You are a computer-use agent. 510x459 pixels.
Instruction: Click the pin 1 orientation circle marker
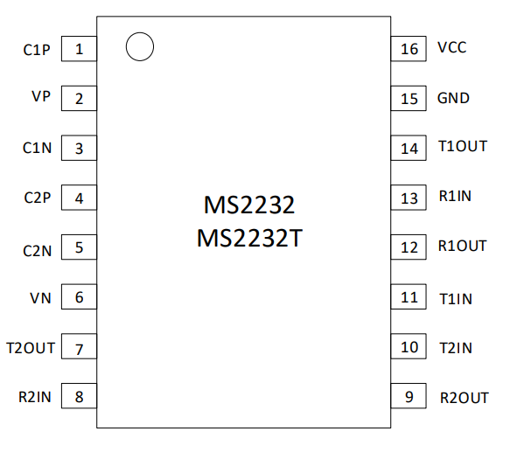(x=140, y=33)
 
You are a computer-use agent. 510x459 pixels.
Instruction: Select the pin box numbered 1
(x=79, y=49)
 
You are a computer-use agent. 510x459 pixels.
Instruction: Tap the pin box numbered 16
(x=409, y=49)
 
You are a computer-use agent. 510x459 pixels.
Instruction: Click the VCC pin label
(x=452, y=47)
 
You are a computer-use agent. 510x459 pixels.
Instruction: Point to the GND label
(x=453, y=98)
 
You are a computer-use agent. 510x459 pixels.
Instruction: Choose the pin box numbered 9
(x=409, y=395)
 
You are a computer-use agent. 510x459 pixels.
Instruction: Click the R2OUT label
(x=465, y=398)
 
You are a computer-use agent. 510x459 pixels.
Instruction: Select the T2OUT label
(x=31, y=348)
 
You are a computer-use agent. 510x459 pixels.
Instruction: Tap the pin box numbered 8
(x=79, y=395)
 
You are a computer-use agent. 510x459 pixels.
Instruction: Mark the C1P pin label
(x=37, y=50)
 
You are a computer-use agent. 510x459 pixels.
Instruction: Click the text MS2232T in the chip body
(x=250, y=239)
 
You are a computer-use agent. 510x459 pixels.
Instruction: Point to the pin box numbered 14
(x=409, y=148)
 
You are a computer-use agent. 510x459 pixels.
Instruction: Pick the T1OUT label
(x=463, y=146)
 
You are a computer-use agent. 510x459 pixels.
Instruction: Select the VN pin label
(x=40, y=298)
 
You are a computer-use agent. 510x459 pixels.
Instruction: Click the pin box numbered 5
(x=79, y=247)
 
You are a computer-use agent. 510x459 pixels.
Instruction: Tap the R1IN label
(x=455, y=196)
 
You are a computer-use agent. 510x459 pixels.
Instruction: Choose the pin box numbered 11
(x=409, y=296)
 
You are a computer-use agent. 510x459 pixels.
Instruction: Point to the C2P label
(x=38, y=198)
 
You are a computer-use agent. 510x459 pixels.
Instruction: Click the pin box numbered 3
(x=79, y=148)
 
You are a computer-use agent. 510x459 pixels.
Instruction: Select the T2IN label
(x=456, y=348)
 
